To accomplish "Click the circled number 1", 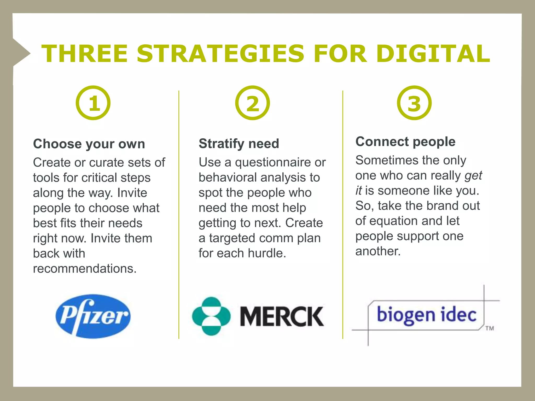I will [93, 103].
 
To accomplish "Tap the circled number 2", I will [252, 103].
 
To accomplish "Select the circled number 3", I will [414, 103].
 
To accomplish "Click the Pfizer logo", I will [93, 316].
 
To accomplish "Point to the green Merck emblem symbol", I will [211, 316].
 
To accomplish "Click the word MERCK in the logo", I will [282, 316].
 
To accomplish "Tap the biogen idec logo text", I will [427, 315].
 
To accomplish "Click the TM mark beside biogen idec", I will [490, 328].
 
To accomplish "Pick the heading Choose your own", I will [89, 144].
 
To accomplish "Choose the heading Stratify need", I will [239, 144].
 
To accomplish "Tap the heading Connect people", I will [405, 142].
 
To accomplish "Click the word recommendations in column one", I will [85, 269].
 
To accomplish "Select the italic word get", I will [473, 176].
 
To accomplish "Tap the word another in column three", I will [378, 251].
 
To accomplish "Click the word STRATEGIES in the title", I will [220, 54].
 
